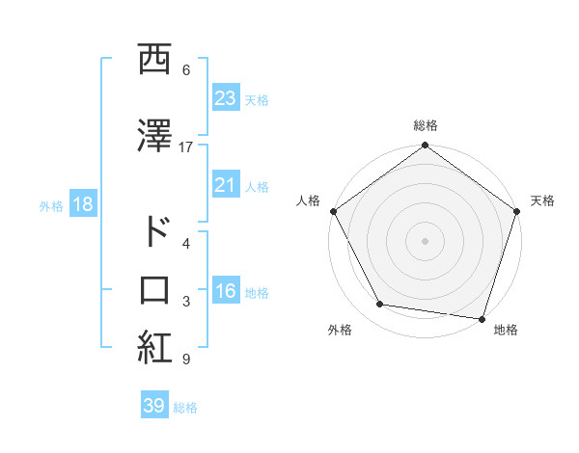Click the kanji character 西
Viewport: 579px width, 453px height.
click(154, 60)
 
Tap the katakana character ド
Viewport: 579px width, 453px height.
click(154, 233)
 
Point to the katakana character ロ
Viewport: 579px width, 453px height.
click(154, 291)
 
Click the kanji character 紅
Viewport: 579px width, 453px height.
click(154, 348)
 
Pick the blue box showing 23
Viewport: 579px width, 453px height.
click(226, 98)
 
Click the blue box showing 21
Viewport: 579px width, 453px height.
click(226, 185)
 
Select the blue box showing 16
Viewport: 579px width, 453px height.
click(226, 291)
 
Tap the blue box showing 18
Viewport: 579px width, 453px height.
click(82, 204)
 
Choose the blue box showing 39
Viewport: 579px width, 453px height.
click(154, 406)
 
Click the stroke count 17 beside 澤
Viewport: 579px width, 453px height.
click(186, 147)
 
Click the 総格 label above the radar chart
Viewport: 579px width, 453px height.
click(425, 125)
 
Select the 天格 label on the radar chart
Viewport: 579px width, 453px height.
click(542, 200)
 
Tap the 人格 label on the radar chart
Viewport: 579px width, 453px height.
click(308, 200)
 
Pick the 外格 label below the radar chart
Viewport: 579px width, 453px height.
click(340, 330)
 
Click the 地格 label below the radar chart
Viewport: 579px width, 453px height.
click(506, 330)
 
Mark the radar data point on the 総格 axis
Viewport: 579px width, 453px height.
click(425, 147)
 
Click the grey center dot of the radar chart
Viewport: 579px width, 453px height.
click(425, 240)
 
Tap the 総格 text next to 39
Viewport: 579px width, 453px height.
click(185, 407)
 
